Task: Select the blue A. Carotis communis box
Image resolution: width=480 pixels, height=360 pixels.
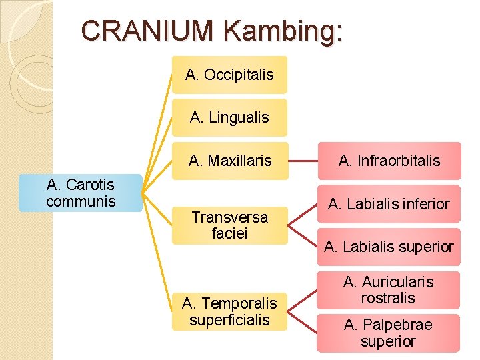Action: [81, 193]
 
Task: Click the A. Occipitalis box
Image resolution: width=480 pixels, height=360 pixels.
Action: [229, 75]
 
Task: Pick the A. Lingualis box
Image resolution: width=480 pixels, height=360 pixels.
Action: [229, 118]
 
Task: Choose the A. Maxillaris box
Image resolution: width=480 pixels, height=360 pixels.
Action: [229, 161]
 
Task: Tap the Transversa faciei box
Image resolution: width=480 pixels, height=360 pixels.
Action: [229, 225]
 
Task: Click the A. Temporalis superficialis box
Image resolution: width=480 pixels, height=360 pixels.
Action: [229, 311]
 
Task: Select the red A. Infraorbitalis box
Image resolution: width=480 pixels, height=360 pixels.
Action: [389, 161]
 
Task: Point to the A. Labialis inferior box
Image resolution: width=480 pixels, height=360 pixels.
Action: [389, 204]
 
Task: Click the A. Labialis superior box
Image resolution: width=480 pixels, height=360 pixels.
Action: [389, 247]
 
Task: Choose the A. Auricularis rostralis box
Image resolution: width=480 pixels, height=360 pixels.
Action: [389, 290]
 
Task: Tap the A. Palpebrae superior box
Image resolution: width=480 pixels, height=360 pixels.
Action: [389, 333]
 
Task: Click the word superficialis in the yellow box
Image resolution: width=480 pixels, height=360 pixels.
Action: [229, 320]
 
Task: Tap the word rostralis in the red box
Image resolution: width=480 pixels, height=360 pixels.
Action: [388, 298]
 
